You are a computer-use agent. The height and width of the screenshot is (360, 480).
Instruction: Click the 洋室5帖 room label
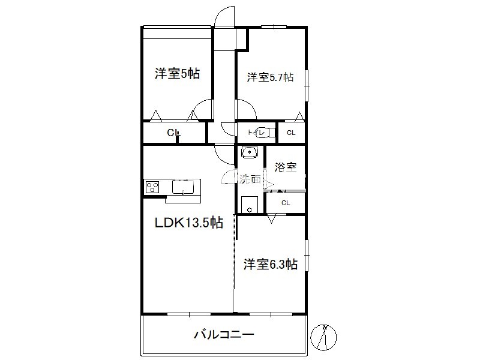[177, 74]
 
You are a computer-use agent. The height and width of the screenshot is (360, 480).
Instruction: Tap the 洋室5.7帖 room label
[270, 77]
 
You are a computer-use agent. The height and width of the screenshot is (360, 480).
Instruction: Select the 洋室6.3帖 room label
[271, 264]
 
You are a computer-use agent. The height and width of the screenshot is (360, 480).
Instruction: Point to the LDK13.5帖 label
[189, 223]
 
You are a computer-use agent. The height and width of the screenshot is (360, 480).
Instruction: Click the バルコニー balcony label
[224, 334]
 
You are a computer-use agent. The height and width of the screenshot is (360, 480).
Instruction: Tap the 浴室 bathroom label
[286, 167]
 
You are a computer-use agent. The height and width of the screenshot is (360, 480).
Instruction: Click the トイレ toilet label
[256, 133]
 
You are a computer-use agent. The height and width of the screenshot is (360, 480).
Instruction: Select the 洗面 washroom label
[250, 179]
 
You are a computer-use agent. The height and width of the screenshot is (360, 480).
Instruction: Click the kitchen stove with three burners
[152, 187]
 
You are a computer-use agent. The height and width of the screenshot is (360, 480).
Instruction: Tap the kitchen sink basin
[183, 187]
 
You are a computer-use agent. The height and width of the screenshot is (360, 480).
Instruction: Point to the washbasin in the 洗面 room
[250, 152]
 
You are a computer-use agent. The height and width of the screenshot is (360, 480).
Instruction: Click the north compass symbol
[323, 337]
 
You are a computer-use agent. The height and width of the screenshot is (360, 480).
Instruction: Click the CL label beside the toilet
[291, 133]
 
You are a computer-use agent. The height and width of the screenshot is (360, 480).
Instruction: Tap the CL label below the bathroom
[286, 203]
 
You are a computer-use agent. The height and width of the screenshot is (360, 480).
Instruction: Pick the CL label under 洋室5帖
[173, 133]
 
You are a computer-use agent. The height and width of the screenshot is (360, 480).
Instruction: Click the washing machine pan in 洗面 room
[249, 205]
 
